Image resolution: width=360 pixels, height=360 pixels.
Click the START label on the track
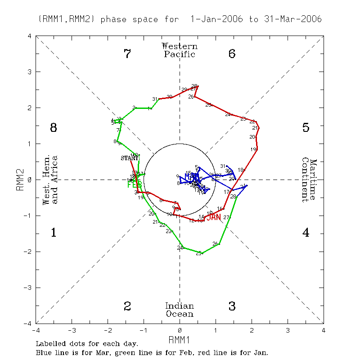130,158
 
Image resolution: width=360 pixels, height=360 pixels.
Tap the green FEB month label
134,184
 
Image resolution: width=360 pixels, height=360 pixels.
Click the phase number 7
127,54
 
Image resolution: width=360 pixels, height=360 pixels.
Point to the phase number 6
232,54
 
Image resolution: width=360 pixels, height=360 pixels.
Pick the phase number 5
306,128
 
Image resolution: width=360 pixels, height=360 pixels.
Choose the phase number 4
306,233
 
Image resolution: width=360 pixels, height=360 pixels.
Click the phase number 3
232,306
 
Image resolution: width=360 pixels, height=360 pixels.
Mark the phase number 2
127,306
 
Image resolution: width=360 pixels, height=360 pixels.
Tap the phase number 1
54,233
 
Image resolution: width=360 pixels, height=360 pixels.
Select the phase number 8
54,128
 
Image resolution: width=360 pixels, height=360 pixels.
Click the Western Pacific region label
180,50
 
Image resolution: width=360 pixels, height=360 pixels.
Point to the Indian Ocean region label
180,310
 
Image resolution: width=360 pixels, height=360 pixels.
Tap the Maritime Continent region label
309,180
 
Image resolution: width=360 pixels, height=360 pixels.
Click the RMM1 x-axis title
180,338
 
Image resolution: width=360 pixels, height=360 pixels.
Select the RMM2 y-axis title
19,180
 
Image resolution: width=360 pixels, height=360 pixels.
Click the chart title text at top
180,19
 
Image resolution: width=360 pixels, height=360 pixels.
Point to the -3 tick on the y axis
28,288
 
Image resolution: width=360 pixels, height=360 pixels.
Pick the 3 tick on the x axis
288,330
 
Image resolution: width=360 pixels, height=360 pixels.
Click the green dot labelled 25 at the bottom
202,253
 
